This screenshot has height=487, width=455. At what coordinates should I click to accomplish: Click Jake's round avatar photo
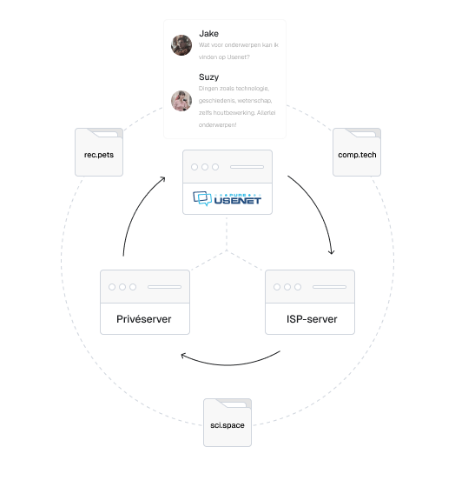(x=181, y=45)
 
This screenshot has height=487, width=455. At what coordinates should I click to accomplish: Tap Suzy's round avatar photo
(x=181, y=101)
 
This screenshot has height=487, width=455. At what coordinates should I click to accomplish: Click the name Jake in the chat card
(x=208, y=34)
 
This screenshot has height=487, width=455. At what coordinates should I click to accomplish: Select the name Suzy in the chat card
(x=209, y=77)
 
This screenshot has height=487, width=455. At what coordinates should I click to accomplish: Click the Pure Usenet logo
(x=227, y=202)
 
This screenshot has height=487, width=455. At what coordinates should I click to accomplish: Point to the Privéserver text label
(x=144, y=319)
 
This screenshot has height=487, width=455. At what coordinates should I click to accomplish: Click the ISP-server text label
(x=311, y=319)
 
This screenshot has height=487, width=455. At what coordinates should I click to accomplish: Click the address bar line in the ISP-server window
(x=330, y=286)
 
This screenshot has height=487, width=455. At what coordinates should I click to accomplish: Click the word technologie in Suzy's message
(x=252, y=89)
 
